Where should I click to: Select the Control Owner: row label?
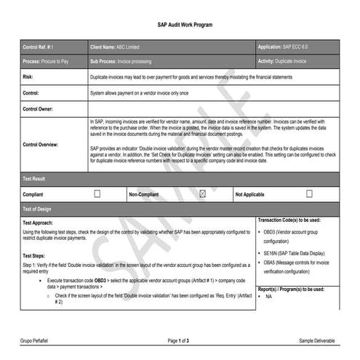coord(39,108)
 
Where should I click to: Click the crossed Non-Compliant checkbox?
coord(203,194)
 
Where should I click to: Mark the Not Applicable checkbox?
coord(309,194)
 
